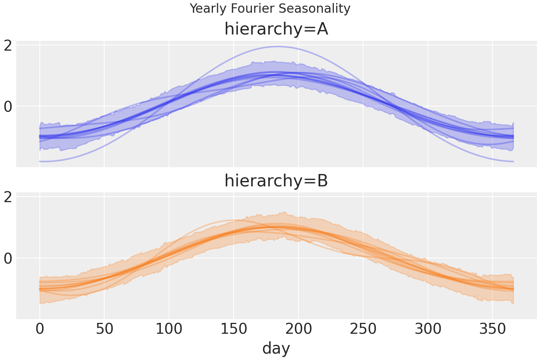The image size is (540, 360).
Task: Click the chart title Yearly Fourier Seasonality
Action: (270, 8)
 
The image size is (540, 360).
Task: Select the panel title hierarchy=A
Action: (276, 29)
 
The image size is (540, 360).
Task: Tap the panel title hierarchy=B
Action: (276, 181)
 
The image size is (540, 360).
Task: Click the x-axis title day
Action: (276, 348)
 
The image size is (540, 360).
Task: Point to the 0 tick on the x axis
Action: (40, 329)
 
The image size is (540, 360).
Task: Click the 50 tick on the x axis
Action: (104, 329)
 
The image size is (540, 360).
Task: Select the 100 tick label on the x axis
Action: (169, 329)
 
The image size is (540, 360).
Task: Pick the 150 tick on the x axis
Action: (234, 329)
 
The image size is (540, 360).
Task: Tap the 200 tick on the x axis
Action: (298, 329)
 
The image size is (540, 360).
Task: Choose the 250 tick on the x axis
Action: (363, 329)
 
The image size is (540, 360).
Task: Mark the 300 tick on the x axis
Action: (428, 329)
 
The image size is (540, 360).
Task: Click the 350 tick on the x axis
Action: (492, 329)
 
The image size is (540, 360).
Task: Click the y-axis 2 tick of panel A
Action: (7, 45)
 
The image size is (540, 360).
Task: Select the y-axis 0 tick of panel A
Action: (7, 106)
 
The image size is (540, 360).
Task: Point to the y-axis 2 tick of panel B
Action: (7, 197)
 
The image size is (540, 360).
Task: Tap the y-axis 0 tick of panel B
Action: (7, 258)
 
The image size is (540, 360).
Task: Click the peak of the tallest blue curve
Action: (277, 46)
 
